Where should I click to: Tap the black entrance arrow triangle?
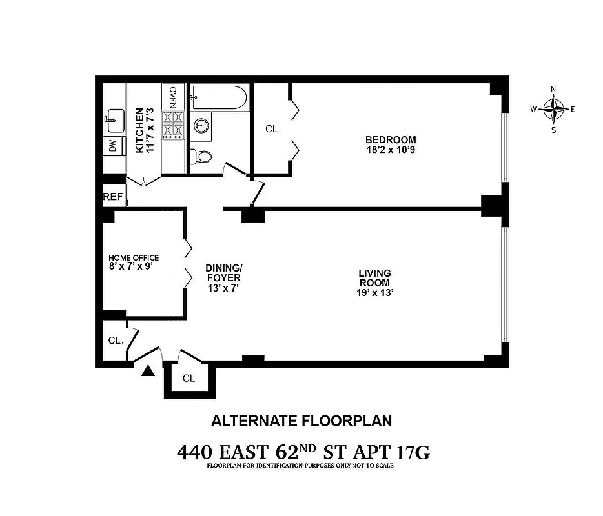click(148, 370)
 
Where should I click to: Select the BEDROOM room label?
click(391, 139)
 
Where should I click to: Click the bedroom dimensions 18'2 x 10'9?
click(391, 150)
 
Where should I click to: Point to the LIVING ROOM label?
click(375, 278)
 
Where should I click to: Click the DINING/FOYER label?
click(223, 273)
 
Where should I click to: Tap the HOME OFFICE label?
click(134, 257)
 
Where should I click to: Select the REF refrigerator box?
click(113, 197)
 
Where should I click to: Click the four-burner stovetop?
click(173, 125)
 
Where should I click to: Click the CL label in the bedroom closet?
click(271, 129)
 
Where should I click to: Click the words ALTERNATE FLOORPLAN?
click(301, 421)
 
